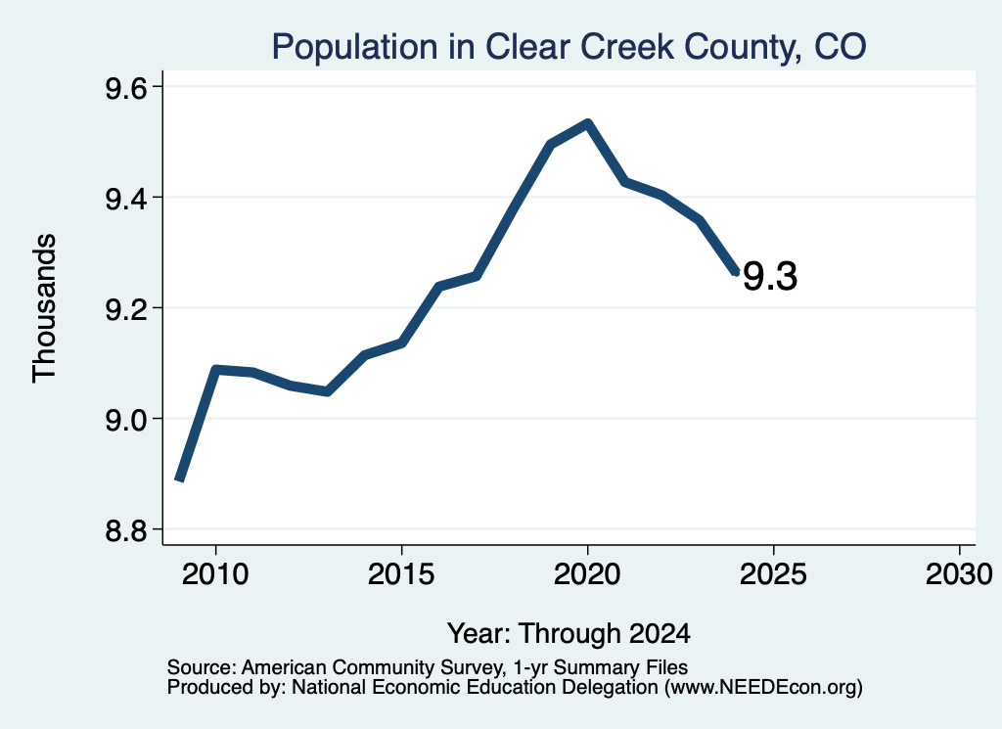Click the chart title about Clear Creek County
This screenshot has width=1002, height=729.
(569, 47)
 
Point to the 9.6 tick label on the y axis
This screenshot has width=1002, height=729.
(126, 87)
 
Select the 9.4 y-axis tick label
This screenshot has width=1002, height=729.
(126, 199)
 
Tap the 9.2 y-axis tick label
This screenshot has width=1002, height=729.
(126, 309)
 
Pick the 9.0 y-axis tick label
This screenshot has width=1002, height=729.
(126, 420)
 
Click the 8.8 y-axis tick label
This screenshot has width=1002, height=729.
(126, 530)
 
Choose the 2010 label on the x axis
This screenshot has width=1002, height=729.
(215, 573)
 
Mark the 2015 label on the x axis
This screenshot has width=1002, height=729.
(401, 573)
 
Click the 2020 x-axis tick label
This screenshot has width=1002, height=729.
(587, 573)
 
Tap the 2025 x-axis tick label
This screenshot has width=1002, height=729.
(773, 573)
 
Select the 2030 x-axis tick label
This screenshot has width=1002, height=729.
(959, 573)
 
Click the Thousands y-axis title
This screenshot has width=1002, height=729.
(44, 308)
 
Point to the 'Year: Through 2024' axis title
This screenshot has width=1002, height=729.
(569, 633)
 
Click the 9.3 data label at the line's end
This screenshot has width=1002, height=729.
(770, 277)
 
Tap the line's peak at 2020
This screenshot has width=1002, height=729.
(587, 123)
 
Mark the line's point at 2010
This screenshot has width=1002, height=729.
(215, 370)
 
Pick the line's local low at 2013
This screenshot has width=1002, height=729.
(327, 391)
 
